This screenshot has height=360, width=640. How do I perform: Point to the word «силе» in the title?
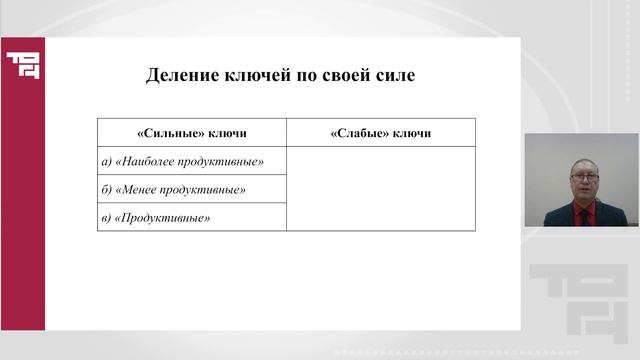pyautogui.click(x=391, y=75)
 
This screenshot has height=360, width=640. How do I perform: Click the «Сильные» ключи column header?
pyautogui.click(x=191, y=133)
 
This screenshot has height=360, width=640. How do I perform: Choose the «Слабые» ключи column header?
pyautogui.click(x=380, y=133)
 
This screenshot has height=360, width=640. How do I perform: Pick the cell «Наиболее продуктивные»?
pyautogui.click(x=191, y=160)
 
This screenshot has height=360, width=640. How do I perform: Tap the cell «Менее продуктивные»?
pyautogui.click(x=191, y=189)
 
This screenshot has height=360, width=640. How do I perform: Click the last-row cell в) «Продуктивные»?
pyautogui.click(x=191, y=217)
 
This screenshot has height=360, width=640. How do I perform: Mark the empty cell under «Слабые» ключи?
pyautogui.click(x=380, y=188)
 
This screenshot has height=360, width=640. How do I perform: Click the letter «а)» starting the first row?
pyautogui.click(x=107, y=160)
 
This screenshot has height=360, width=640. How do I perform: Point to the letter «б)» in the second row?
pyautogui.click(x=107, y=189)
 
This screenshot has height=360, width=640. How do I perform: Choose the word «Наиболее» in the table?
pyautogui.click(x=148, y=160)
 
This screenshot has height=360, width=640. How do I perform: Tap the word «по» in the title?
pyautogui.click(x=303, y=75)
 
